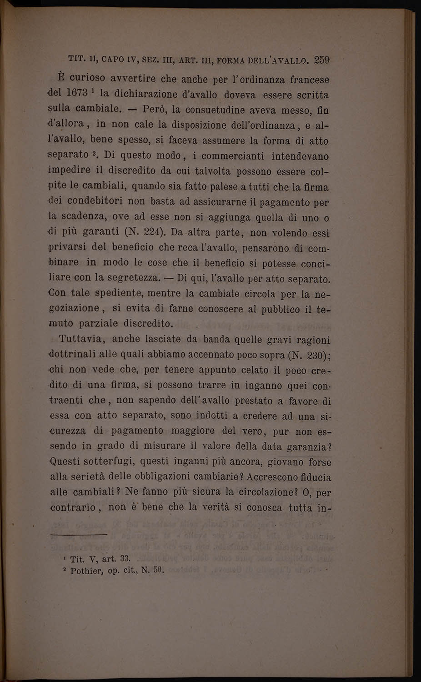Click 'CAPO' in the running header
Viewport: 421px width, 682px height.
pos(114,59)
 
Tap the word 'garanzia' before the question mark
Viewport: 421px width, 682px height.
pos(307,447)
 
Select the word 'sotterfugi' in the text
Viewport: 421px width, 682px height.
pos(110,462)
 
